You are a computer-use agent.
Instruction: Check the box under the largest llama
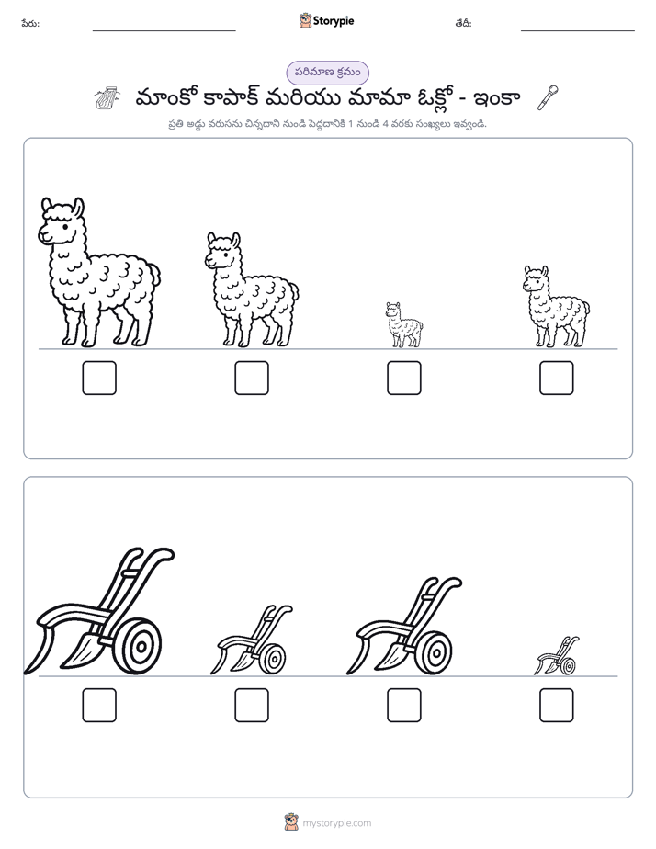[x=99, y=378]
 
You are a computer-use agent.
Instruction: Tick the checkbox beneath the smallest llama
[x=403, y=378]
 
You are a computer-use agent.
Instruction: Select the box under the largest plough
[x=99, y=705]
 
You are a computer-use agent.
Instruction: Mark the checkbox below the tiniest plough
[x=557, y=705]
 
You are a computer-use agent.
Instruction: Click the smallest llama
[x=403, y=325]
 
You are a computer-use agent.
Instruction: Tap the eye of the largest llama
[x=65, y=227]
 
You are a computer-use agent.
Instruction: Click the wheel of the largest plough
[x=139, y=646]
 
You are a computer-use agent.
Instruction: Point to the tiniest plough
[x=557, y=656]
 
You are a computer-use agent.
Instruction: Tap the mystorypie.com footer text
[x=336, y=823]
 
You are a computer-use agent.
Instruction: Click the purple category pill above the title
[x=327, y=73]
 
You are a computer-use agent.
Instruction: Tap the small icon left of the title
[x=107, y=98]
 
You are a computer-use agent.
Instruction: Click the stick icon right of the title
[x=548, y=97]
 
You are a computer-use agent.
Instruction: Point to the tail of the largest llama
[x=154, y=275]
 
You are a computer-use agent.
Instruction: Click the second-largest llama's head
[x=222, y=251]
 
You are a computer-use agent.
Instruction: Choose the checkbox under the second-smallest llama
[x=557, y=378]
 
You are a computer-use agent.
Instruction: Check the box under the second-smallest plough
[x=252, y=705]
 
